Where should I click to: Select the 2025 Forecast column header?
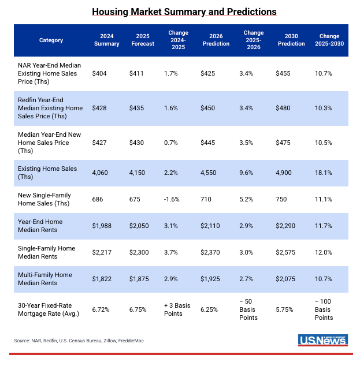[x=142, y=40]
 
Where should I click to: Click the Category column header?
[x=51, y=40]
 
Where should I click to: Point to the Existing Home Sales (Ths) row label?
[x=47, y=173]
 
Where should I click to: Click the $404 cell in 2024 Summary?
[x=101, y=74]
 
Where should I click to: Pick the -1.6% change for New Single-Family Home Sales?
[x=173, y=199]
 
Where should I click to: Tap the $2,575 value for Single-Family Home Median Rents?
[x=288, y=252]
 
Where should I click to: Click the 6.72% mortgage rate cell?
[x=102, y=309]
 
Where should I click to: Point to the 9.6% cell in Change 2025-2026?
[x=247, y=173]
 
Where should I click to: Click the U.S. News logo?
[x=322, y=341]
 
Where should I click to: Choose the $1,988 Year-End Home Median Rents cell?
[x=103, y=226]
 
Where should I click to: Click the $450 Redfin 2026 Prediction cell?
[x=208, y=108]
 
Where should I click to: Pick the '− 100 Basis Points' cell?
[x=324, y=309]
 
